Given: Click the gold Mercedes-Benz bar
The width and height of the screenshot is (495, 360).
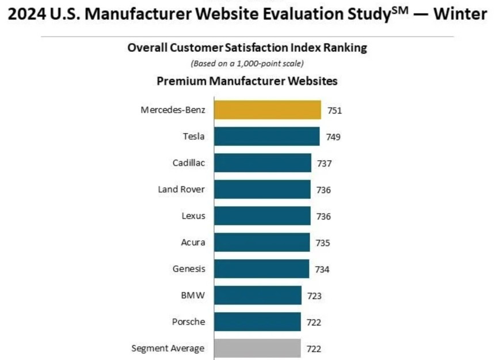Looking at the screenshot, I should click(267, 109).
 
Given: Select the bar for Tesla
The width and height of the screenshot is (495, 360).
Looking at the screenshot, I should click(266, 137).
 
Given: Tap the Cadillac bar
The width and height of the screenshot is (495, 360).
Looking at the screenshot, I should click(262, 163).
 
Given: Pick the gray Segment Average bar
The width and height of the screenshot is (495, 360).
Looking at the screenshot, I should click(257, 348).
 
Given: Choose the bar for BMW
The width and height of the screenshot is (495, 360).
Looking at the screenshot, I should click(257, 295).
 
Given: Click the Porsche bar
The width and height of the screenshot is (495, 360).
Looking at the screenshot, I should click(257, 321).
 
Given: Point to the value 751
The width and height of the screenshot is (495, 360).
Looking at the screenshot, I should click(335, 111).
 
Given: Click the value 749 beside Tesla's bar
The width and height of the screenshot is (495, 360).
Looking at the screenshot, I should click(333, 137).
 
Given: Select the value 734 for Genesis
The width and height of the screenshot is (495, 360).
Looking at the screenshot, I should click(322, 269).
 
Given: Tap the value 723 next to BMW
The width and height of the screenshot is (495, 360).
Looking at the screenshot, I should click(314, 296).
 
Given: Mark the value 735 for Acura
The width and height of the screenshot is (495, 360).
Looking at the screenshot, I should click(322, 243).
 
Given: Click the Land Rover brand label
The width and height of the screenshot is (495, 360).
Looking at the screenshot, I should click(181, 190).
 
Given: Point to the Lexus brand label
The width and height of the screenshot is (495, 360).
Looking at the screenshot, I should click(193, 216).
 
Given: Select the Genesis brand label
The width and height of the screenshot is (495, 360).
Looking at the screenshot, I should click(189, 268).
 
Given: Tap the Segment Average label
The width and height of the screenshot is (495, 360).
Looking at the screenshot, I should click(168, 348).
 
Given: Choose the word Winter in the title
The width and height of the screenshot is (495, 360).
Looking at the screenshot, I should click(460, 14).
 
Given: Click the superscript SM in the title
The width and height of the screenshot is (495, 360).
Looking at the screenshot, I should click(400, 9).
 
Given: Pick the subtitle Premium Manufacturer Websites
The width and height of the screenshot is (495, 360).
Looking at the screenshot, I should click(247, 81).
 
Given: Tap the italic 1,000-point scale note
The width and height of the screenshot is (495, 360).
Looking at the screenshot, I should click(247, 63).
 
